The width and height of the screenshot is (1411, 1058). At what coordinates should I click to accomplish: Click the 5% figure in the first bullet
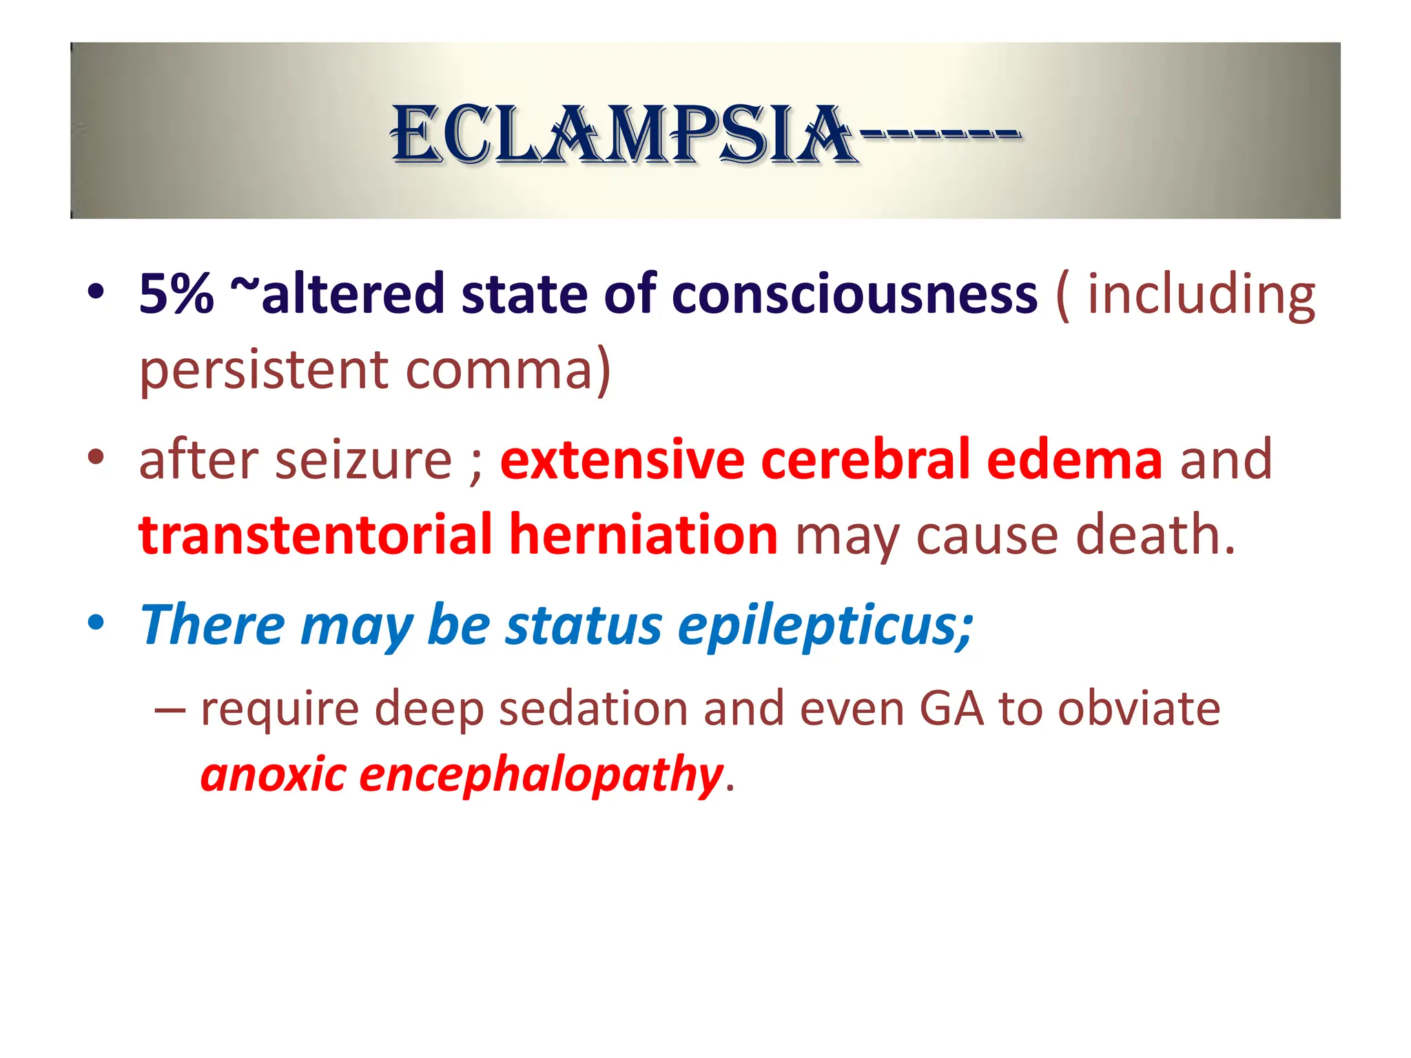176,295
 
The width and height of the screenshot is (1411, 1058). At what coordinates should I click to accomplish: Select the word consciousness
854,295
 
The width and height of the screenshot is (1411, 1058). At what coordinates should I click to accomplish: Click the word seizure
364,460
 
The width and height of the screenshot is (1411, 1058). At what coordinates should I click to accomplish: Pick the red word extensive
622,460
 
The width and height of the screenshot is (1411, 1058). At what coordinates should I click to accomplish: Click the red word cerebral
865,460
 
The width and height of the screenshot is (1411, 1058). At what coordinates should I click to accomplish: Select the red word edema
1075,460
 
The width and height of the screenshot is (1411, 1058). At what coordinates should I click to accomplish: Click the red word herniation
643,535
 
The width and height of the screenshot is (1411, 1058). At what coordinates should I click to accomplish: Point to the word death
1155,535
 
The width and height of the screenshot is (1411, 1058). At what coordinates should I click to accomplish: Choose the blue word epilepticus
825,625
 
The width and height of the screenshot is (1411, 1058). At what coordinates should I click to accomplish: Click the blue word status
584,625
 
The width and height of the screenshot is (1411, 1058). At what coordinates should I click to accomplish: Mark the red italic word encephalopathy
541,775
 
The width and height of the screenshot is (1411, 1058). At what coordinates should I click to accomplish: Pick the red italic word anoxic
273,775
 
